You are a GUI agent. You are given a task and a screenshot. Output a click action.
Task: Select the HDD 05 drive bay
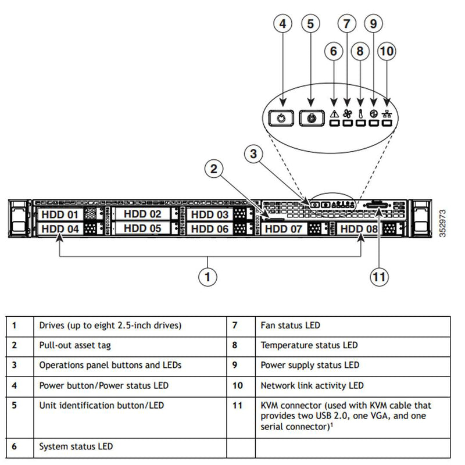tap(142, 228)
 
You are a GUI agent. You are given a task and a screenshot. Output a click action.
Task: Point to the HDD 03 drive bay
tap(210, 214)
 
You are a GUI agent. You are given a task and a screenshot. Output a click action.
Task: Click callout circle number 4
tap(282, 24)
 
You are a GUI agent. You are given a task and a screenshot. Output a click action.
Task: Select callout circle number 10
tap(387, 51)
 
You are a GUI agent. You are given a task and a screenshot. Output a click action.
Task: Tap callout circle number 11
tap(379, 277)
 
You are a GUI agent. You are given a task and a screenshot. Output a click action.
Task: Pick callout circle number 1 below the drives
tap(208, 277)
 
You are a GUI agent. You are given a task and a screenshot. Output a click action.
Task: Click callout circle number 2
tap(214, 169)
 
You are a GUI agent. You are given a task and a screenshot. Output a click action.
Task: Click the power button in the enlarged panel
tap(282, 117)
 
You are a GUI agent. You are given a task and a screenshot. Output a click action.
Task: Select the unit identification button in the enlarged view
tap(312, 117)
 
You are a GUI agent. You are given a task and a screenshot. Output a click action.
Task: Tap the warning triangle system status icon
tap(334, 114)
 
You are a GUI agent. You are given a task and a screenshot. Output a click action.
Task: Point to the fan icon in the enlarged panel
tap(348, 114)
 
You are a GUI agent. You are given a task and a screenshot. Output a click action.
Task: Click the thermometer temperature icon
tap(361, 114)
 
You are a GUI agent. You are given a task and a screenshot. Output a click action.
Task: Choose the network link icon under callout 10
tap(387, 114)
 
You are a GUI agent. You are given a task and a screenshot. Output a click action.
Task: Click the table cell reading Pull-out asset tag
tap(75, 345)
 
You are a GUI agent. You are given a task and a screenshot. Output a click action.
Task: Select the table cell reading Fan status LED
tap(291, 325)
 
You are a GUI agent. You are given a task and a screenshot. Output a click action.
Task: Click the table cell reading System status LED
tap(76, 446)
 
